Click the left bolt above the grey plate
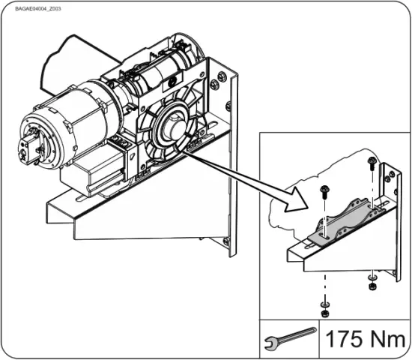[324, 191]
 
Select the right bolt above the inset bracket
[372, 166]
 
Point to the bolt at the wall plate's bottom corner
[226, 241]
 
